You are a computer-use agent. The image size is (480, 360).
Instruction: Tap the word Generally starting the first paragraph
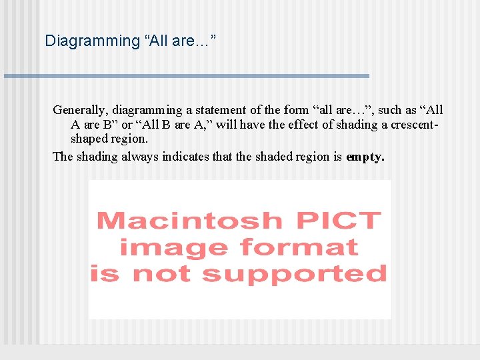pos(80,110)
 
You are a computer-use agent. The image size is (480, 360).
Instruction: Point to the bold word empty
pos(365,157)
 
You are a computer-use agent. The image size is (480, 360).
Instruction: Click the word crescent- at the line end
pos(415,125)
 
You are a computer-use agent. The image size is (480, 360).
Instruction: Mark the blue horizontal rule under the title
pos(187,76)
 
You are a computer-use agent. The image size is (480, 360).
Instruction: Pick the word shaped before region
pos(89,139)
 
